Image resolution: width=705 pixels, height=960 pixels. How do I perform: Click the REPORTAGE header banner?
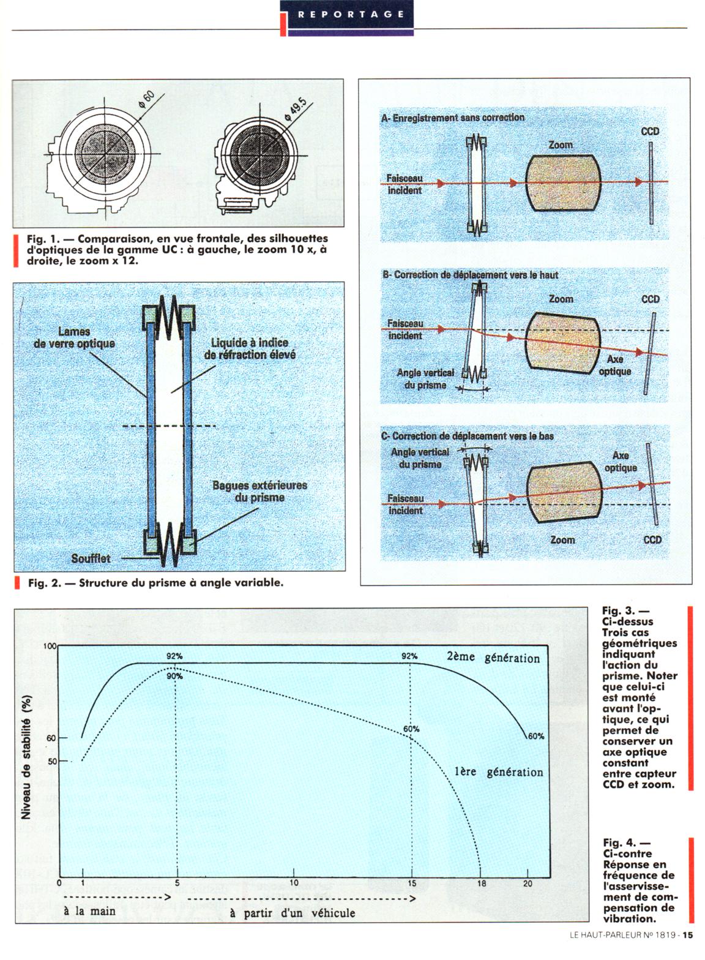pos(346,14)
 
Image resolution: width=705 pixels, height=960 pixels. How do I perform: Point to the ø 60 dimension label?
pos(147,99)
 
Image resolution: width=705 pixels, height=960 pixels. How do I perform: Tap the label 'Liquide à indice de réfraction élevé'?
pos(249,348)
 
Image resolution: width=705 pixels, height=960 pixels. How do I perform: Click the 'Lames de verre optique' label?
pos(73,337)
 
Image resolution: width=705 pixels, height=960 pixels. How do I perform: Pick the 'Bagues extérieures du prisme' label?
pos(259,491)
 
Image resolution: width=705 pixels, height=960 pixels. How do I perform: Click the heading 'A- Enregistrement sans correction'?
pos(452,117)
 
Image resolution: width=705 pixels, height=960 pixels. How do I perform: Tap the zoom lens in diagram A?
pos(561,182)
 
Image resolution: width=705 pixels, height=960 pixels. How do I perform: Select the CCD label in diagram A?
pos(650,132)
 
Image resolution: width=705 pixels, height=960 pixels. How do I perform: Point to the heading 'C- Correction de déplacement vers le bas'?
pos(467,437)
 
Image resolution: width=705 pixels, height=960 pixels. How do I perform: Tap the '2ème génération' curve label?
pos(493,659)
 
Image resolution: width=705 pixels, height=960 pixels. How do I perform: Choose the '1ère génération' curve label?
pos(499,772)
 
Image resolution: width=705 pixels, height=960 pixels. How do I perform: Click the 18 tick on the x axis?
pos(482,883)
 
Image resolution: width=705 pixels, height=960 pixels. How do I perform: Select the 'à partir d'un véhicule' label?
pos(293,913)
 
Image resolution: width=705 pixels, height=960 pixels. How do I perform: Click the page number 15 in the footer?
pos(688,951)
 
